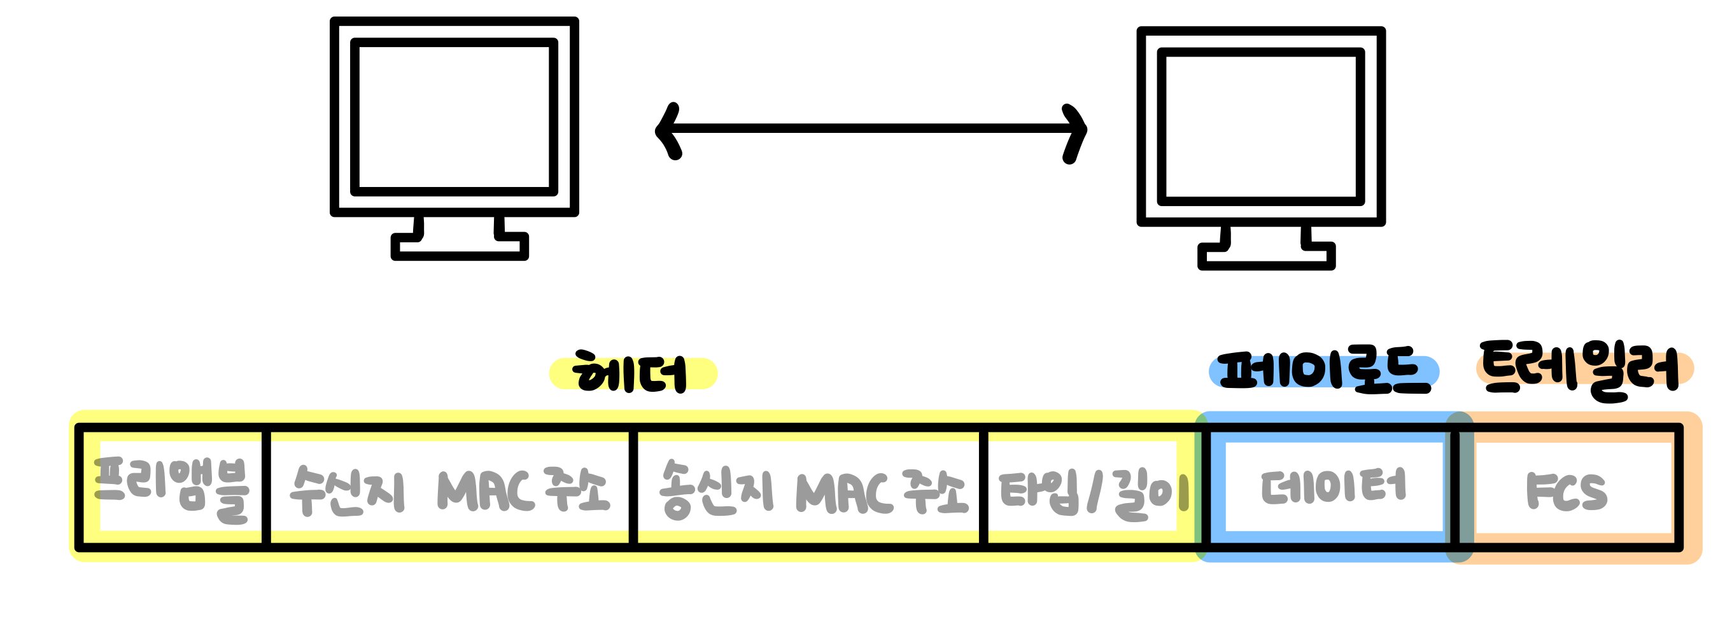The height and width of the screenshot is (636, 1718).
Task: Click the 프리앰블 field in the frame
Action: tap(171, 487)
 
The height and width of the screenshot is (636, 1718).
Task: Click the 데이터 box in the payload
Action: tap(1334, 487)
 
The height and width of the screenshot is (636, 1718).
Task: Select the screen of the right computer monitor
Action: tap(1260, 127)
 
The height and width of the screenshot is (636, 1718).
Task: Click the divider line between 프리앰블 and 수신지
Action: tap(266, 487)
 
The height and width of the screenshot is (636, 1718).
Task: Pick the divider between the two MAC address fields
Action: tap(633, 487)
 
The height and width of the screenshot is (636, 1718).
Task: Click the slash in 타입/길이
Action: tap(1094, 493)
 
